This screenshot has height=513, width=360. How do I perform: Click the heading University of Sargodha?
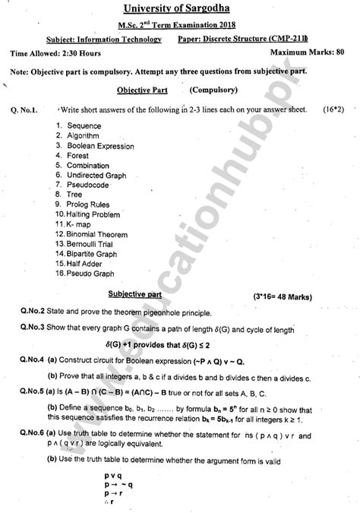pos(179,10)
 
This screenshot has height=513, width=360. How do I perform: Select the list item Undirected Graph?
pos(96,175)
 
